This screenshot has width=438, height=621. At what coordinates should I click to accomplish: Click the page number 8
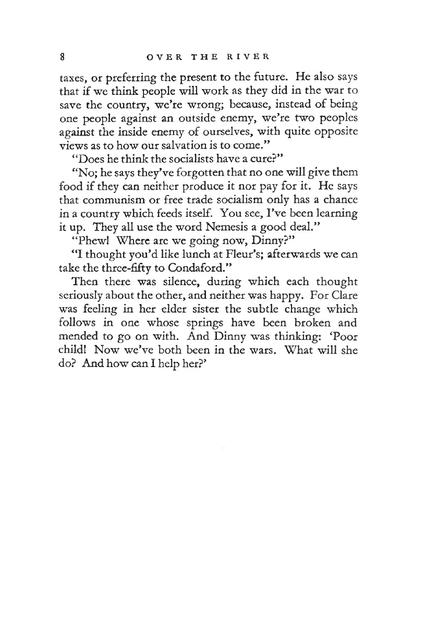coord(62,54)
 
